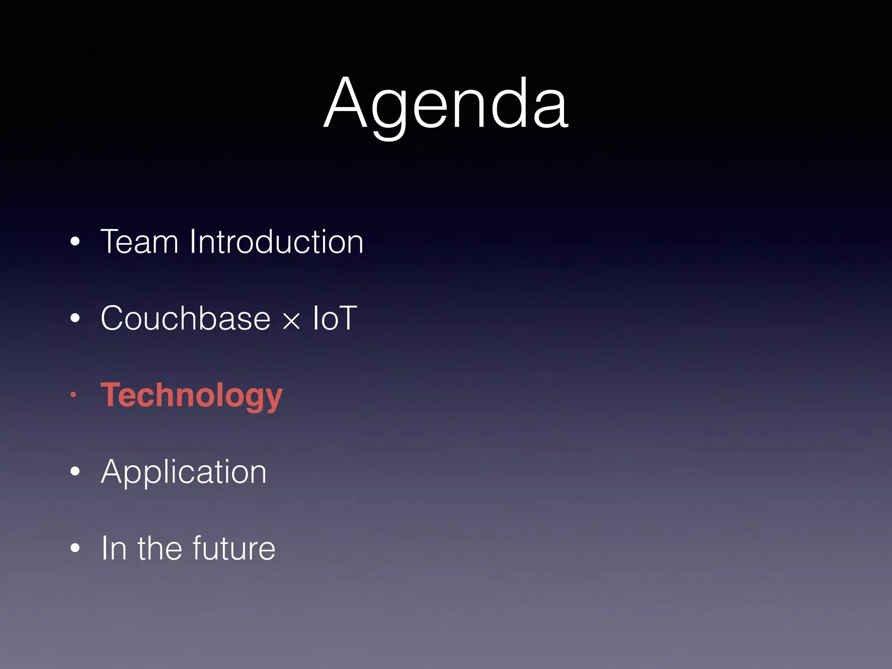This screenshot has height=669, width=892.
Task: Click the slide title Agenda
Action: coord(446,105)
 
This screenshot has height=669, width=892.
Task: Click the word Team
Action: coord(139,242)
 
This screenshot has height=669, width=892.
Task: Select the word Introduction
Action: coord(276,242)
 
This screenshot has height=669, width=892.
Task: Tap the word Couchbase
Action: coord(186,318)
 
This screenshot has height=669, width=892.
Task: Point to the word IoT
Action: coord(334,318)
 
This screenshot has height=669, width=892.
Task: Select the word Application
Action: coord(183,472)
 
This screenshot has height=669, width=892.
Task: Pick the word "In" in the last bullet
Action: coord(114,548)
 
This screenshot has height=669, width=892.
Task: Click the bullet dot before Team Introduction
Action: coord(75,242)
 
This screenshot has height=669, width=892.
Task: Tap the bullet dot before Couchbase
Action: coord(75,318)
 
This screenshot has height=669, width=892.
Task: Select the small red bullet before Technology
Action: coord(74,395)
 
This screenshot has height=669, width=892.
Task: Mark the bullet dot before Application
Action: coord(75,472)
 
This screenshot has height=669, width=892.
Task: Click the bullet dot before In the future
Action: coord(75,548)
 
